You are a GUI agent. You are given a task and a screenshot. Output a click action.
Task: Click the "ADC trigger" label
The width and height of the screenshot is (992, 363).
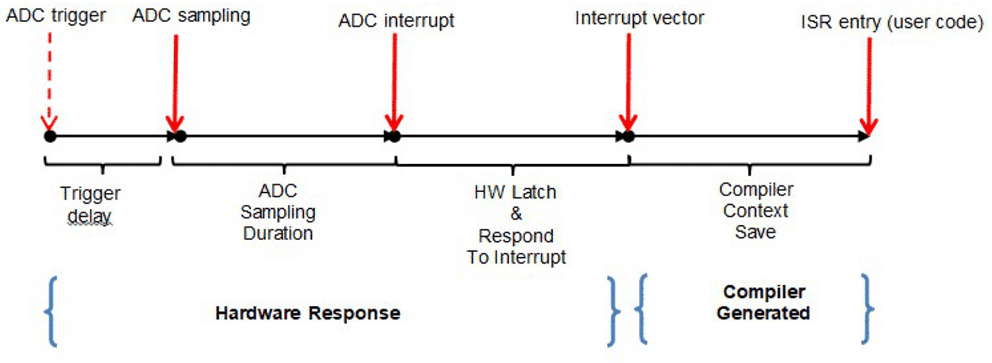pyautogui.click(x=56, y=15)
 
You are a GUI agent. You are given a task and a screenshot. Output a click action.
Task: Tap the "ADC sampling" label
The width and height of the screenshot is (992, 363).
pyautogui.click(x=191, y=15)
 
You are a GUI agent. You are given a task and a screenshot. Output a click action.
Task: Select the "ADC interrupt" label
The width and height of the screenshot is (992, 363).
pyautogui.click(x=396, y=20)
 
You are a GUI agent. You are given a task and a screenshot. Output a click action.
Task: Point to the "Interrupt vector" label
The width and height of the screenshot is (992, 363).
pyautogui.click(x=639, y=18)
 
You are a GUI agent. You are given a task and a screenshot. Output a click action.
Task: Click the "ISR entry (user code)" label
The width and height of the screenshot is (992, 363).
pyautogui.click(x=892, y=22)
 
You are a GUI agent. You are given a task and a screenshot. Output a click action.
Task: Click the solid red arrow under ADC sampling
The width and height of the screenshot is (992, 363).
pyautogui.click(x=175, y=83)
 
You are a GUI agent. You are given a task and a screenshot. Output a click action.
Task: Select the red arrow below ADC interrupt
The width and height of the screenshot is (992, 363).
pyautogui.click(x=395, y=83)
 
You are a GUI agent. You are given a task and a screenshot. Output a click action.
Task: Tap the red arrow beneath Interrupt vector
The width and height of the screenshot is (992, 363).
pyautogui.click(x=628, y=83)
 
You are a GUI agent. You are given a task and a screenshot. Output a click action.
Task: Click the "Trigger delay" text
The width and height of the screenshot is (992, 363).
pyautogui.click(x=90, y=204)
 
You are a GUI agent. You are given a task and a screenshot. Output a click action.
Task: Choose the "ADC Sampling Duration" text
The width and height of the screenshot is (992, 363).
pyautogui.click(x=278, y=212)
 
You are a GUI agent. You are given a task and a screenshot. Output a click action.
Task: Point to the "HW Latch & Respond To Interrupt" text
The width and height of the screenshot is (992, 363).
pyautogui.click(x=516, y=224)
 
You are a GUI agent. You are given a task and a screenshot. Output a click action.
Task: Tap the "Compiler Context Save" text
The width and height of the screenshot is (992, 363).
pyautogui.click(x=756, y=210)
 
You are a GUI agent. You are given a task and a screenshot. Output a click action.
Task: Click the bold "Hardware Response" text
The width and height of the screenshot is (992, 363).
pyautogui.click(x=308, y=313)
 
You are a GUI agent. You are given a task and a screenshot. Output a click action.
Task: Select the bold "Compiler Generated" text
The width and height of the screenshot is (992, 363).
pyautogui.click(x=763, y=302)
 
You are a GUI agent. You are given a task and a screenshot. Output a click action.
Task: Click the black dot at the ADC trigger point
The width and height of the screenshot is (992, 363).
pyautogui.click(x=50, y=136)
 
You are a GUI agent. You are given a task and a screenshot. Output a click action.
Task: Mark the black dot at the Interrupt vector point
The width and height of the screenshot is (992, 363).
pyautogui.click(x=629, y=136)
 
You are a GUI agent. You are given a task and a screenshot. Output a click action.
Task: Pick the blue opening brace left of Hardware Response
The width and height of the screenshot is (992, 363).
pyautogui.click(x=52, y=312)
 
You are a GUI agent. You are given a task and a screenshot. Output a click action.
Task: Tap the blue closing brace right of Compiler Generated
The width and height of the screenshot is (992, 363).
pyautogui.click(x=867, y=309)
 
